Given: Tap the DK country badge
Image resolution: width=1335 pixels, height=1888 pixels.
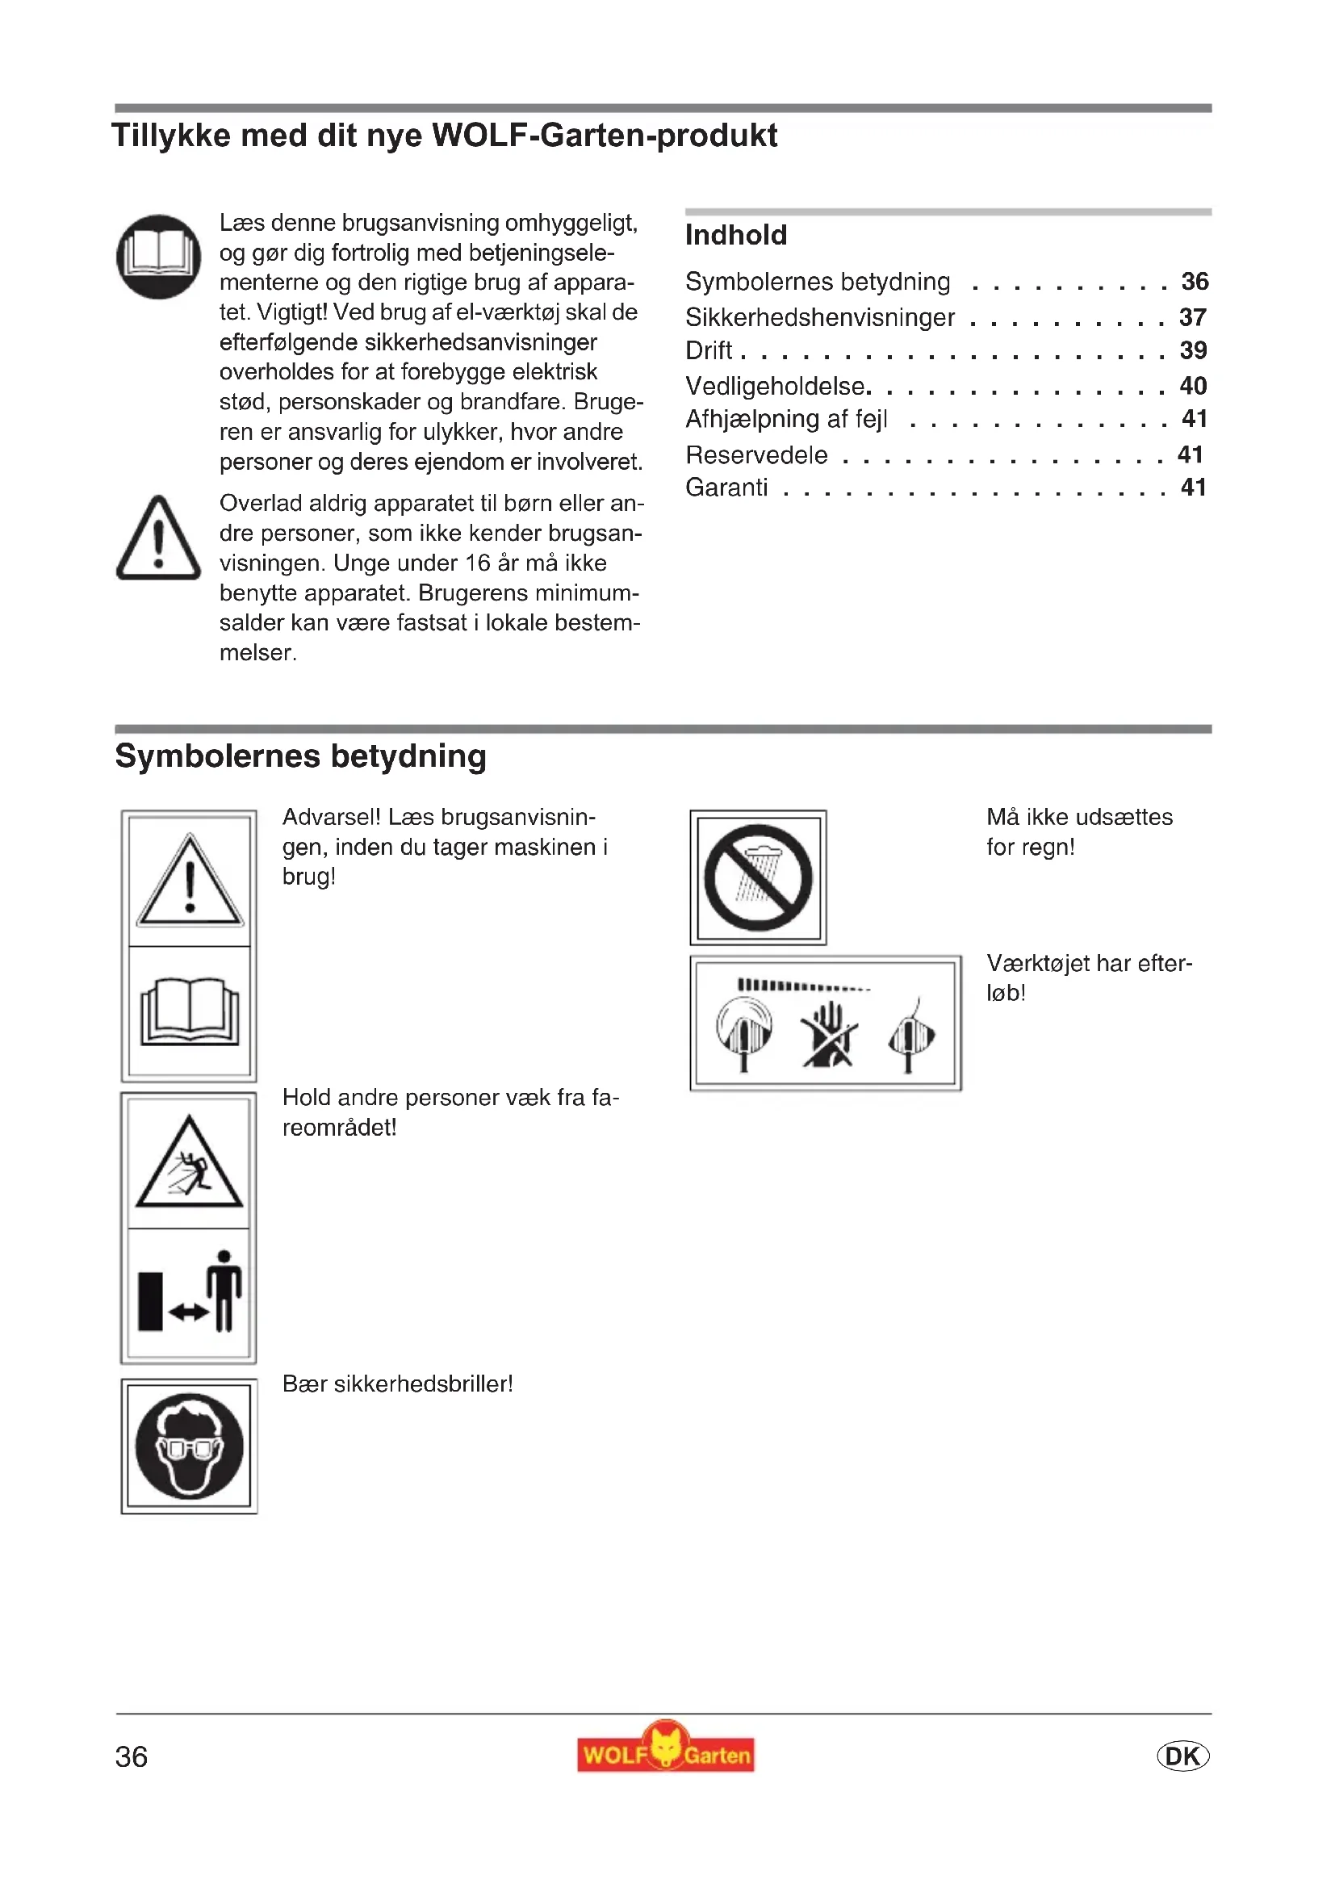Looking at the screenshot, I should (1182, 1756).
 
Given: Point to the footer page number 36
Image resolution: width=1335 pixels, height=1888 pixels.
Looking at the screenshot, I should (132, 1757).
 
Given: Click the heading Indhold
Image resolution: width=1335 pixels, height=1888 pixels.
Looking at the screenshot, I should (736, 235).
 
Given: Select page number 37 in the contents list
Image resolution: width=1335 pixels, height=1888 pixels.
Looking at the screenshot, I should (1193, 317).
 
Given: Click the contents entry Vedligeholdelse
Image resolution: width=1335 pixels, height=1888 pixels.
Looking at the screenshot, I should (776, 386).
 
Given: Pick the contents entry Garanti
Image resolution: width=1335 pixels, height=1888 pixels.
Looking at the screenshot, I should (726, 488).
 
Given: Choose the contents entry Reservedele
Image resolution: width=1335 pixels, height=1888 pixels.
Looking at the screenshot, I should (756, 454).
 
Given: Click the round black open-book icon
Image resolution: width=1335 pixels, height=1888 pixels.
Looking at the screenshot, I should (159, 257).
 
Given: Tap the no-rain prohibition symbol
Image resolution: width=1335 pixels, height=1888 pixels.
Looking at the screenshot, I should (758, 877).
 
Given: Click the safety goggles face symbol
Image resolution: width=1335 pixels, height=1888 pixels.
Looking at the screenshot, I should (189, 1446).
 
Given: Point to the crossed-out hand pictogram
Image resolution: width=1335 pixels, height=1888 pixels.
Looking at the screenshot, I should (830, 1036).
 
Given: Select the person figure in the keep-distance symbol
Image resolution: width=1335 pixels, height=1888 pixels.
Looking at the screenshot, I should (224, 1290).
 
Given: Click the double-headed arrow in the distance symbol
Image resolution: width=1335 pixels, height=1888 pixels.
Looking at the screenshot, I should (188, 1313).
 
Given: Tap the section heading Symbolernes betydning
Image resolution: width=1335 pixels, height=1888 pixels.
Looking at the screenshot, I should (301, 756).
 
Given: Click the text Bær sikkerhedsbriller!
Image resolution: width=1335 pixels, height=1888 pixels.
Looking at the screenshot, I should (398, 1384).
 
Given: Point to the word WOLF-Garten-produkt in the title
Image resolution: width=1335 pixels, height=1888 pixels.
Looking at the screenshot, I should (605, 136).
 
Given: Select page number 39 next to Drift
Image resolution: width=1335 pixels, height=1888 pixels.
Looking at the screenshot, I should (1193, 350).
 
